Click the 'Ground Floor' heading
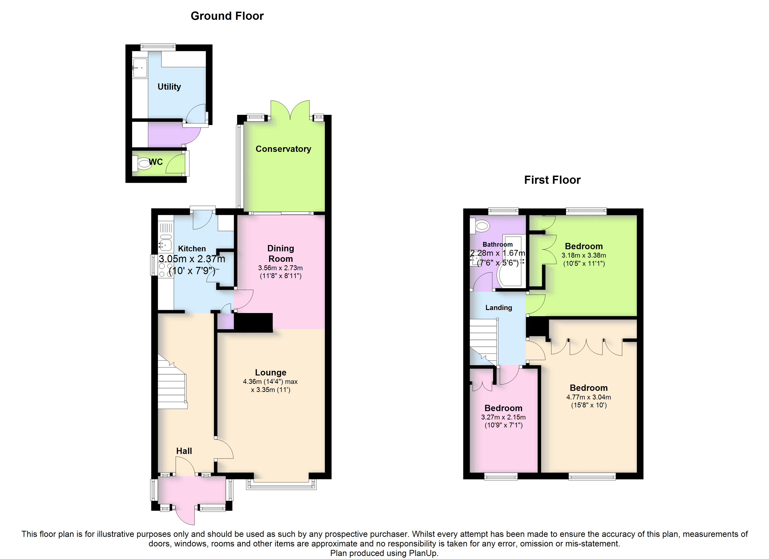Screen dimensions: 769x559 pos(227,16)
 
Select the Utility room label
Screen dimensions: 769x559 pos(169,87)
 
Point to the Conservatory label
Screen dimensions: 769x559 pos(283,149)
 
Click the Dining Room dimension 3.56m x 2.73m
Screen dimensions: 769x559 pos(280,268)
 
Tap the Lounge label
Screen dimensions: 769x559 pos(271,373)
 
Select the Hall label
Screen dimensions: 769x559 pos(184,451)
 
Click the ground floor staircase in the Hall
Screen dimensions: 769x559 pos(172,381)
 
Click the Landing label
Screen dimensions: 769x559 pos(498,307)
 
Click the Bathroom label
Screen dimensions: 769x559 pos(498,244)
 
